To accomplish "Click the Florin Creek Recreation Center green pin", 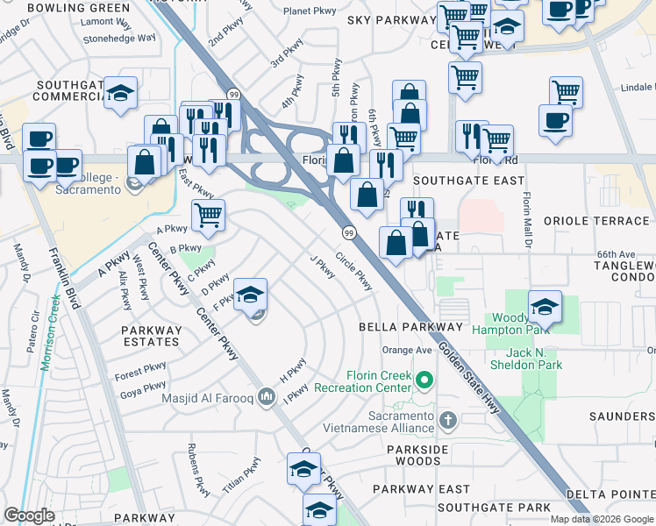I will [x=425, y=380].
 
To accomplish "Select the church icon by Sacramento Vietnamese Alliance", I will [x=448, y=419].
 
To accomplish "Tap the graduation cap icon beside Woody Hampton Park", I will [x=545, y=308].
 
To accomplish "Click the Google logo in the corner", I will [x=29, y=515].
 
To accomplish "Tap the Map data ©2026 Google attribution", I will [x=602, y=519].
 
